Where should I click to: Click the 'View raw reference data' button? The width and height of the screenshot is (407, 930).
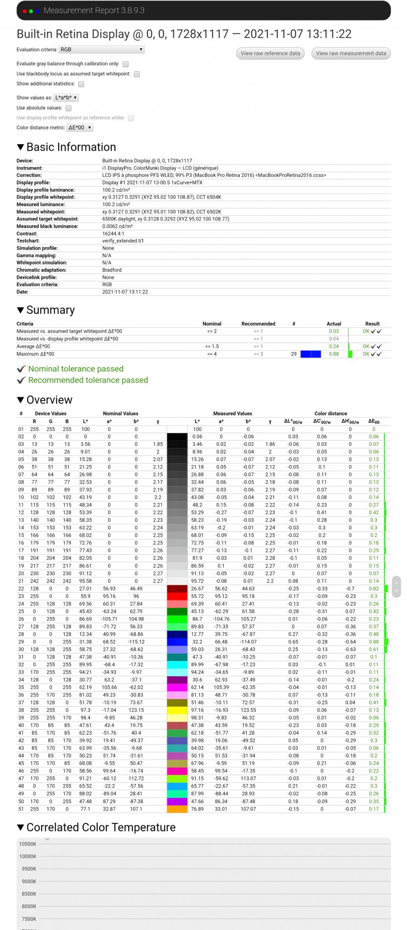click(x=270, y=53)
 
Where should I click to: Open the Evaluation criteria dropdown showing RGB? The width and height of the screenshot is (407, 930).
click(x=101, y=49)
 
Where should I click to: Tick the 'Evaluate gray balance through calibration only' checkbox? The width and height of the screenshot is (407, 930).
click(x=126, y=64)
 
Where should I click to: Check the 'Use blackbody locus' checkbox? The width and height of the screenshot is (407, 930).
click(x=137, y=74)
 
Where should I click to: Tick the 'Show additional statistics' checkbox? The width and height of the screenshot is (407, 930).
click(x=81, y=84)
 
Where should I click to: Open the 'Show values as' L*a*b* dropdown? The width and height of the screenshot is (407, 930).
click(x=66, y=98)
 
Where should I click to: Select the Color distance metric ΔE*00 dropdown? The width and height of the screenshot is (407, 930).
click(x=80, y=127)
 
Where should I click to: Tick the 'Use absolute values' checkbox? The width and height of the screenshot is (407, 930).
click(x=68, y=108)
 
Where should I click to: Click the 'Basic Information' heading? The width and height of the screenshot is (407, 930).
click(x=71, y=147)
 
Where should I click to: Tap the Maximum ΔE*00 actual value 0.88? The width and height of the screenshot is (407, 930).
click(x=334, y=354)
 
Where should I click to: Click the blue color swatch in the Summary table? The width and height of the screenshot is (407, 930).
click(x=311, y=354)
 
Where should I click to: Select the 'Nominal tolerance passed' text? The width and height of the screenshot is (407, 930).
click(x=76, y=369)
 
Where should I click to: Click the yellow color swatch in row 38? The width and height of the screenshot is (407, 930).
click(x=177, y=710)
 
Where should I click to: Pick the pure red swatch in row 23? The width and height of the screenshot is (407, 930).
click(x=177, y=596)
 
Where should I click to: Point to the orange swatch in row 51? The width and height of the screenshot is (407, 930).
click(x=177, y=809)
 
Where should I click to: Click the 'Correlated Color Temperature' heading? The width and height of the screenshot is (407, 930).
click(x=101, y=827)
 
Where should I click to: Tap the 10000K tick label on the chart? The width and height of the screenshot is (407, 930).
click(x=28, y=856)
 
